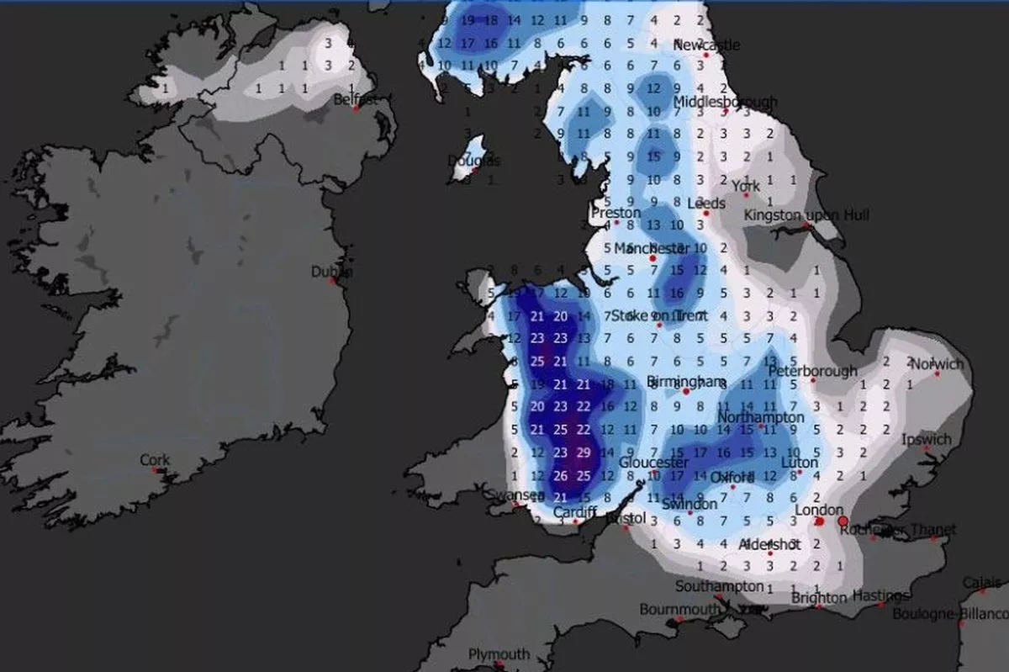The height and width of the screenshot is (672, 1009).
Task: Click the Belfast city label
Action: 354,99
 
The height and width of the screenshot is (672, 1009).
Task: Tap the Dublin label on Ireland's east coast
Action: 331,272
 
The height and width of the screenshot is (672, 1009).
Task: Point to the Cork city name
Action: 155,460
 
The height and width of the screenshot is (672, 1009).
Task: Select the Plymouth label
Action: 499,653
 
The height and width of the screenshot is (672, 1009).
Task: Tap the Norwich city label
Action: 938,364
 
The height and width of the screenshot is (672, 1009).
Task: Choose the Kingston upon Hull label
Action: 806,215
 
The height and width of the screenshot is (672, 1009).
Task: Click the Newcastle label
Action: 706,45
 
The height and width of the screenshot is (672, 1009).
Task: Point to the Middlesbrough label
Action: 725,103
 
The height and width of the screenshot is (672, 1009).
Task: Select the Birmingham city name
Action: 686,382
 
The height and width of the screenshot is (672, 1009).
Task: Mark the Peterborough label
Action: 812,370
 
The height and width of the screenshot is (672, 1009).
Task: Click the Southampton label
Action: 720,586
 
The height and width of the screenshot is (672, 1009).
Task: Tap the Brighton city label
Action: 819,598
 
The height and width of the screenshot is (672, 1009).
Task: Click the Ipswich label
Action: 926,439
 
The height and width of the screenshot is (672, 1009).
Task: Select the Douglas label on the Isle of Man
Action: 473,161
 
